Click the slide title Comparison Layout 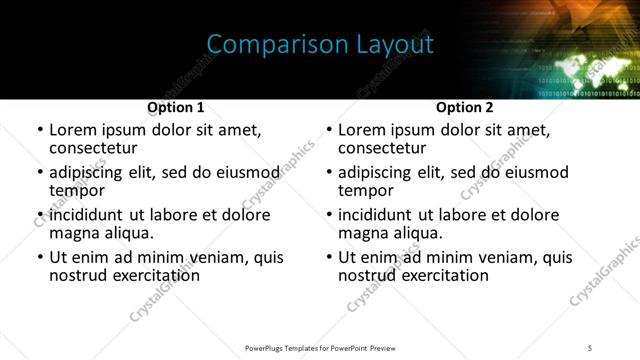(320, 45)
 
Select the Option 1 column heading (175, 107)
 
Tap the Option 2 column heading (464, 107)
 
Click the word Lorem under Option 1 (73, 130)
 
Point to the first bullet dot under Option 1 (40, 131)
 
